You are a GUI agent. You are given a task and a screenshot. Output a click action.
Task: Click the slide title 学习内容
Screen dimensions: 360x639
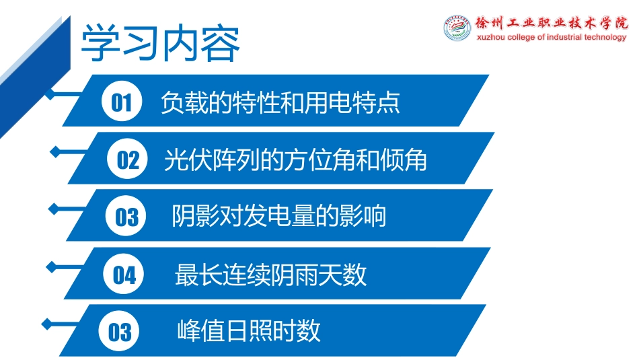(x=160, y=44)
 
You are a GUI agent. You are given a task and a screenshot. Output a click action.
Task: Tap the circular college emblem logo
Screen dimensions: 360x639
(x=457, y=28)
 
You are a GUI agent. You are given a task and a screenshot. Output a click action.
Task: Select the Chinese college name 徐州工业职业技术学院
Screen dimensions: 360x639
(x=550, y=22)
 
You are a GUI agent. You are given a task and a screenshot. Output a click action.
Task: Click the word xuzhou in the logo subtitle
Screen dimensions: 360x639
(x=491, y=38)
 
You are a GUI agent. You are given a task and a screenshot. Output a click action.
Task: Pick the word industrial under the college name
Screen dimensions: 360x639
(x=563, y=38)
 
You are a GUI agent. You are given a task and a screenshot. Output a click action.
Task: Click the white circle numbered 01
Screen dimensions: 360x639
(x=122, y=102)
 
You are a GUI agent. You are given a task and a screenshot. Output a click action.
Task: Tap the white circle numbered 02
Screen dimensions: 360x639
(x=128, y=160)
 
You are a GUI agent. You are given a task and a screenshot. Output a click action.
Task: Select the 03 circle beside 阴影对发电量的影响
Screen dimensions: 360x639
(x=126, y=217)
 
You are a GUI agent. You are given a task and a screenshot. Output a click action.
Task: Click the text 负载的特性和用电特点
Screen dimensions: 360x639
(x=280, y=102)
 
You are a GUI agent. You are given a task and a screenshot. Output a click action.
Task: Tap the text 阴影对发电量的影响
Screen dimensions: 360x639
(x=279, y=217)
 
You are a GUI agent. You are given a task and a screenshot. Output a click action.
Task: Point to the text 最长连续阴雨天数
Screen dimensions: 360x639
(x=270, y=275)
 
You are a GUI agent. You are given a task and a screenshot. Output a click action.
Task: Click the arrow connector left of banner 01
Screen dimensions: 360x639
(x=71, y=95)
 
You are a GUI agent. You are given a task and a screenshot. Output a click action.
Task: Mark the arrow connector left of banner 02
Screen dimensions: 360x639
(x=67, y=153)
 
